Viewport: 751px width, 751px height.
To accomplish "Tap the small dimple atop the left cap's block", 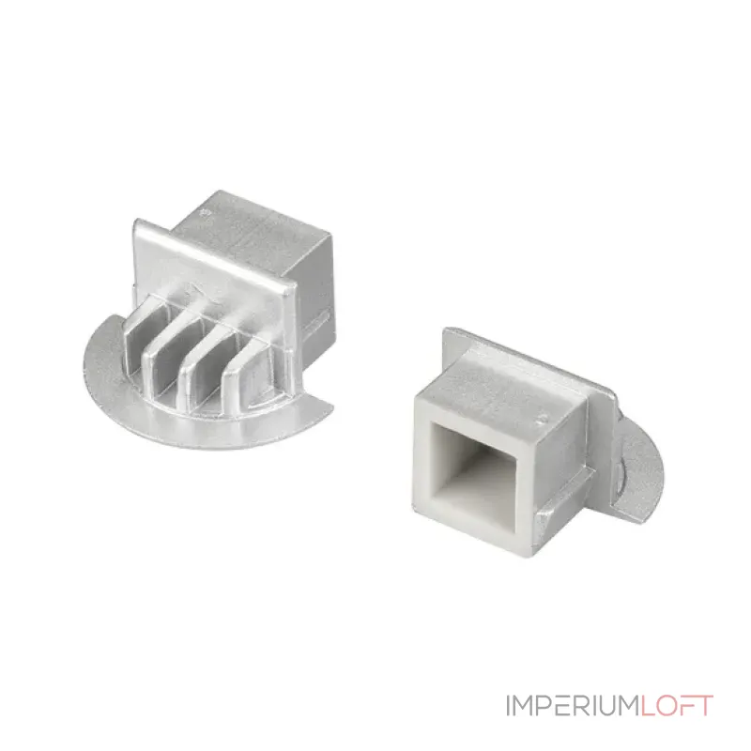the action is tap(207, 210).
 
